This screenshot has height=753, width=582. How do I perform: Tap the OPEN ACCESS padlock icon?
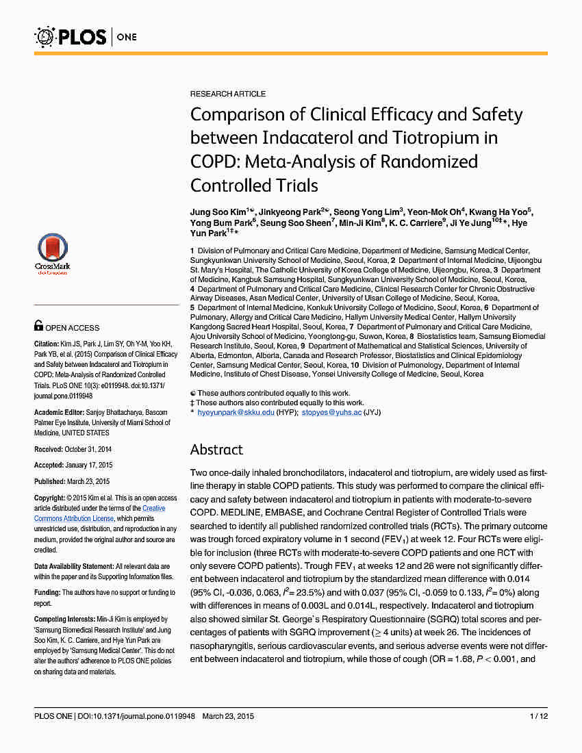coord(39,327)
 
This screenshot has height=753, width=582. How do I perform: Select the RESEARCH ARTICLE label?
coord(228,94)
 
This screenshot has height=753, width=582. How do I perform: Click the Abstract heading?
coord(216,449)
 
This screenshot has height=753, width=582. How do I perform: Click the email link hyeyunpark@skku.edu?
coord(236,412)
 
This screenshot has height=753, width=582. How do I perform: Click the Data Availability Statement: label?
coord(74,567)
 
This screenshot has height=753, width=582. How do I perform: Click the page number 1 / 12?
coord(538,716)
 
